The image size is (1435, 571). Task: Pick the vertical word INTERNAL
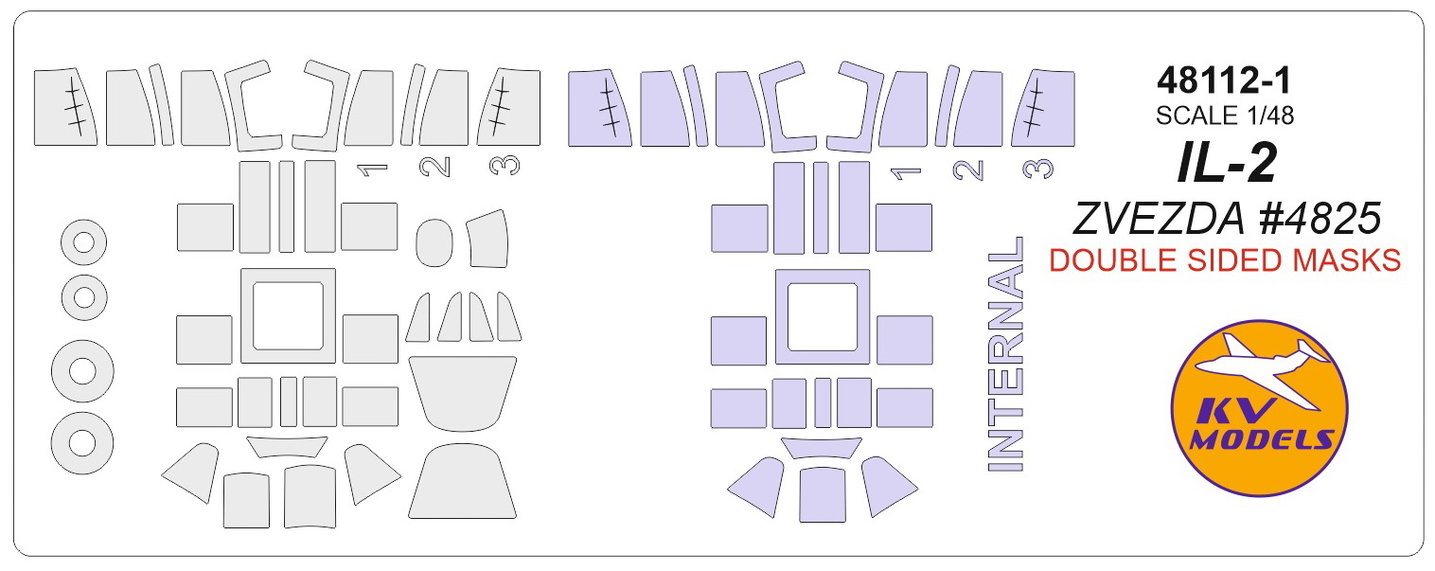pos(1005,353)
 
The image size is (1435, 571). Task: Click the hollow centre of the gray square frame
pos(288,315)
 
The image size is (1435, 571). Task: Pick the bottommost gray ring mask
pos(83,443)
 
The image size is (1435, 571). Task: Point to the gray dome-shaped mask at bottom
pos(461,485)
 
